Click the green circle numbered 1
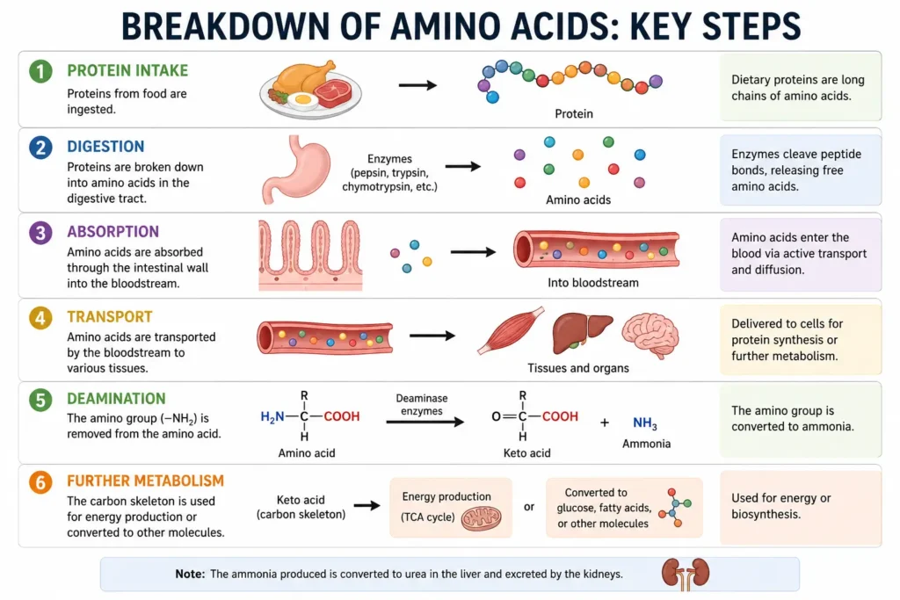(40, 71)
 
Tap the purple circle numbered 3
(40, 233)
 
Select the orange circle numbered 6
(40, 481)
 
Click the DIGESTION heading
(105, 147)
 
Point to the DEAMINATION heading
(116, 398)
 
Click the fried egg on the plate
(302, 100)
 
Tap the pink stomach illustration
(296, 170)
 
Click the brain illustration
(650, 335)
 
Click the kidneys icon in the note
(686, 575)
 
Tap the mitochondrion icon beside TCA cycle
(481, 518)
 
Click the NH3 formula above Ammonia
(644, 423)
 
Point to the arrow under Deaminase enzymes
(425, 423)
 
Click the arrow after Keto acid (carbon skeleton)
(367, 505)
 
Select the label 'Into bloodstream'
(593, 283)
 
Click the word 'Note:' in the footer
(190, 574)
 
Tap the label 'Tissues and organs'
(578, 368)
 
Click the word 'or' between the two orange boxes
(528, 507)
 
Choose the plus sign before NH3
(605, 423)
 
